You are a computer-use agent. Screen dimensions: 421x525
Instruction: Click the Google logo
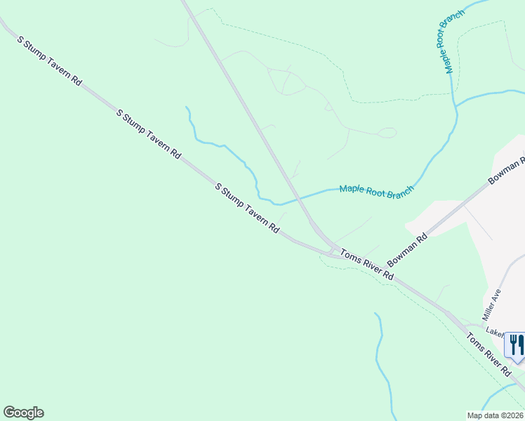coord(23,413)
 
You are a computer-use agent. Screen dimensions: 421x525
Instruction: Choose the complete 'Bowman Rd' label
coord(408,248)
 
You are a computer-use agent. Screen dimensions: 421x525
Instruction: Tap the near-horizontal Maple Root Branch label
coord(377,191)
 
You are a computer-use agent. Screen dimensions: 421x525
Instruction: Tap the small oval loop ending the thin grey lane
coord(387,133)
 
